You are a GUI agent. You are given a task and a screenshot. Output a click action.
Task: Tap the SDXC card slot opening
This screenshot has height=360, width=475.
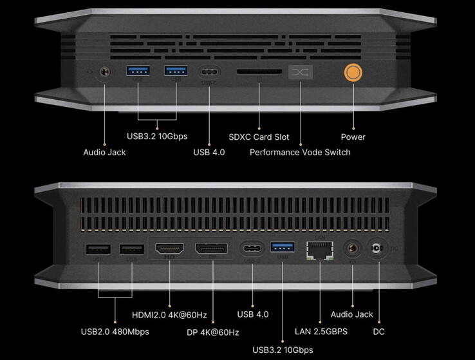pyautogui.click(x=258, y=73)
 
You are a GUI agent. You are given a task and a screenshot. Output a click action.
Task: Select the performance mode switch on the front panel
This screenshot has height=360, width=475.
pyautogui.click(x=300, y=73)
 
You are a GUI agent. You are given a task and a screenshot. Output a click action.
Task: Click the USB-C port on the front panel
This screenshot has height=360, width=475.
pyautogui.click(x=210, y=73)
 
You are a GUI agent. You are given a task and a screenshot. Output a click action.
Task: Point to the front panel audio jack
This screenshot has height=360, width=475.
pyautogui.click(x=104, y=73)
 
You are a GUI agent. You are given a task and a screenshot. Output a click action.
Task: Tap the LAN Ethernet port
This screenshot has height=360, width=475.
pyautogui.click(x=321, y=249)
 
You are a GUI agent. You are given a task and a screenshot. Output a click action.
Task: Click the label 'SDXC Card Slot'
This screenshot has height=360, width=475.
pyautogui.click(x=259, y=137)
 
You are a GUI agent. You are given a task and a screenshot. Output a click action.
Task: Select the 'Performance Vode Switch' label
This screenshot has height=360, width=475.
pyautogui.click(x=300, y=152)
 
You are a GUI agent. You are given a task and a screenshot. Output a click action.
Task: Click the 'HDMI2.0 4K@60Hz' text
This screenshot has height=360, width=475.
pyautogui.click(x=169, y=314)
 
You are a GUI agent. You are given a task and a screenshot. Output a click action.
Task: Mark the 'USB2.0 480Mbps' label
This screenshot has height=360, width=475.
pyautogui.click(x=115, y=332)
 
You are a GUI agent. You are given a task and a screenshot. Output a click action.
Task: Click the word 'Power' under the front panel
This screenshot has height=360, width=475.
pyautogui.click(x=353, y=137)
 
